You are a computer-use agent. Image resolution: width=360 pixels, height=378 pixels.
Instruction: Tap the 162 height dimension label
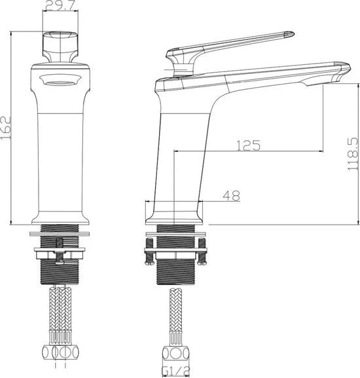[6, 128]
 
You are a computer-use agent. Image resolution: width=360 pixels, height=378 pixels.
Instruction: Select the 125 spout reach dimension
[248, 145]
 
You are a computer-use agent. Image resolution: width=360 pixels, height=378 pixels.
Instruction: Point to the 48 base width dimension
[232, 196]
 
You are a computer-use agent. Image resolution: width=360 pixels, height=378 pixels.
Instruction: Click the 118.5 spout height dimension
[353, 155]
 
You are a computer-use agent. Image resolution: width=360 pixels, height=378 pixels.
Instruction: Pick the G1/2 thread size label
[176, 372]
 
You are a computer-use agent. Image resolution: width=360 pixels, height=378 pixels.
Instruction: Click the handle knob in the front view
[60, 47]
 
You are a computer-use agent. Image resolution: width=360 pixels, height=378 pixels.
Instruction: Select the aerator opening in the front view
[60, 81]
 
